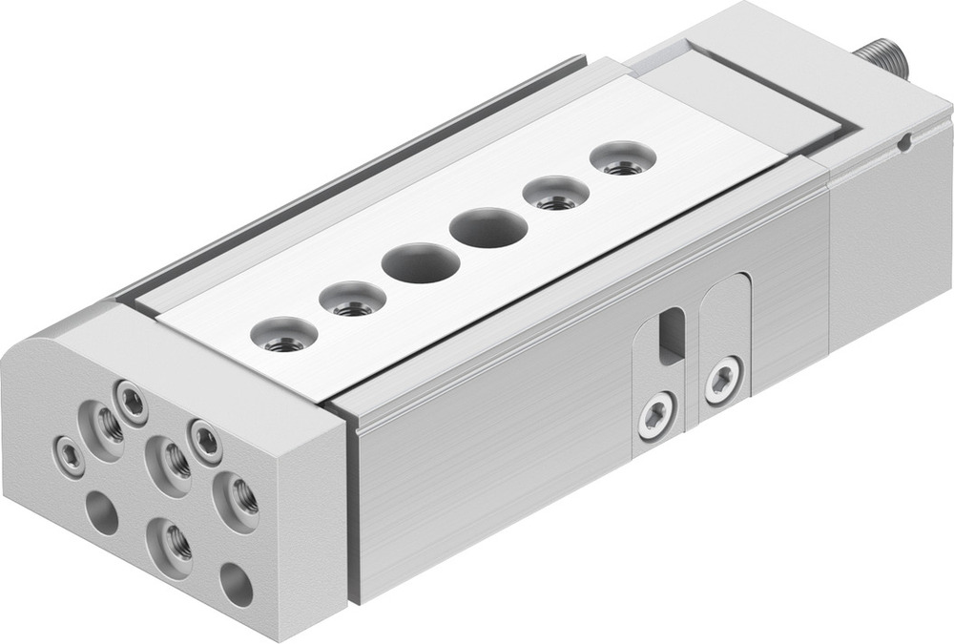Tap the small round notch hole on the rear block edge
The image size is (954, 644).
point(904,145)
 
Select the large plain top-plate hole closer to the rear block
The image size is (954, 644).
point(489,229)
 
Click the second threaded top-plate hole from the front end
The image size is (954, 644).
point(352,301)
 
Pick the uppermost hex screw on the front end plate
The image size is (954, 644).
point(130,399)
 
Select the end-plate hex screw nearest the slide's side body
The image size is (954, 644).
point(205,439)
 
